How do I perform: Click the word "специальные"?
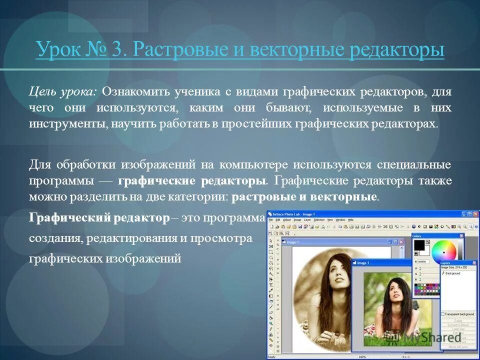pyautogui.click(x=416, y=164)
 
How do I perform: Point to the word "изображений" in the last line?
pyautogui.click(x=142, y=258)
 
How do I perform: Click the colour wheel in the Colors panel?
pyautogui.click(x=444, y=250)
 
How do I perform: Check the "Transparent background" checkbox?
pyautogui.click(x=442, y=314)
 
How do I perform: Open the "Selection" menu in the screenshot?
pyautogui.click(x=319, y=220)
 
